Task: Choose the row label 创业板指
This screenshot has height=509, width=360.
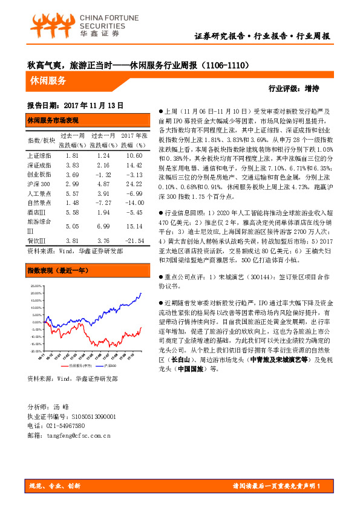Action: [39, 175]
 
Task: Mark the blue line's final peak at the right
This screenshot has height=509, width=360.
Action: [141, 294]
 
